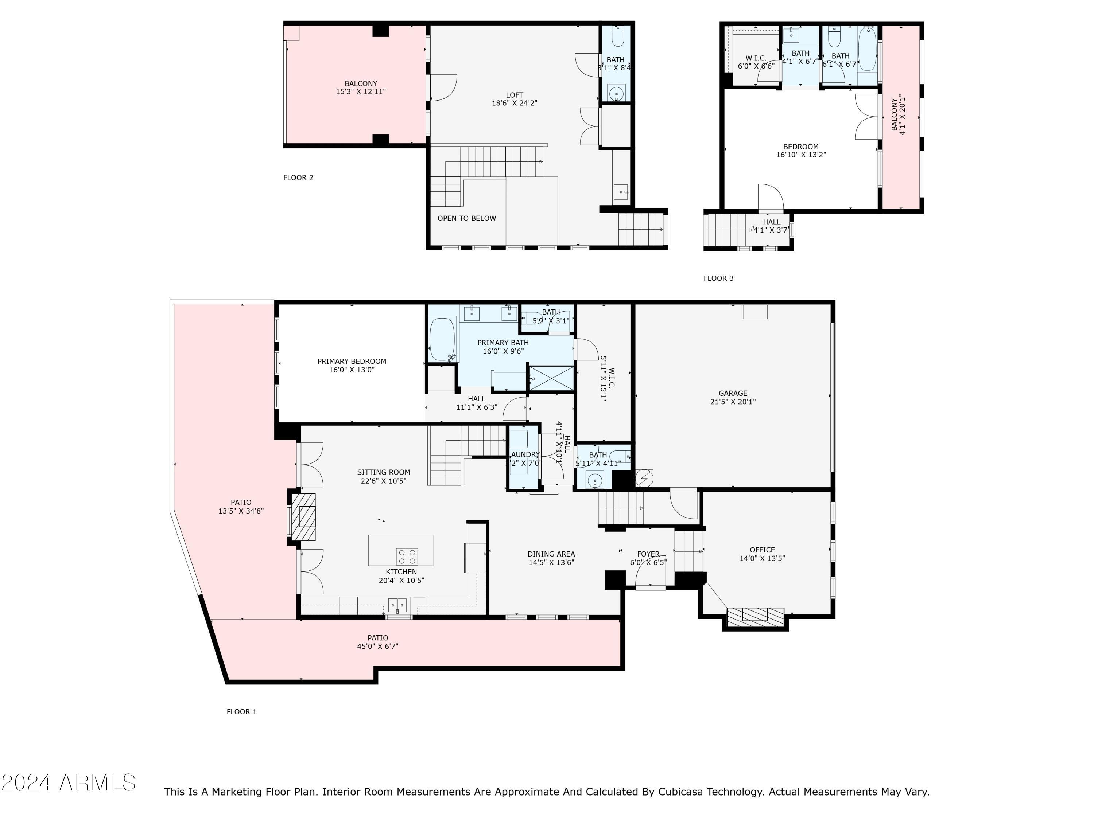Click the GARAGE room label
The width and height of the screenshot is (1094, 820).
[x=733, y=394]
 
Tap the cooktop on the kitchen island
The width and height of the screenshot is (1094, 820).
[x=407, y=557]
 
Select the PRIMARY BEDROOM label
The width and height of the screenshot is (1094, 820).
[x=352, y=361]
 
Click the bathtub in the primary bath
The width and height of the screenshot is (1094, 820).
[x=442, y=339]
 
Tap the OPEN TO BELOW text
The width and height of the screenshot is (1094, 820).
[x=466, y=218]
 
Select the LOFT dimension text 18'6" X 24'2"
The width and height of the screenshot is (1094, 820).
[x=514, y=103]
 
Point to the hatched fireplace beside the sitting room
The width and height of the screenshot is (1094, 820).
[x=303, y=517]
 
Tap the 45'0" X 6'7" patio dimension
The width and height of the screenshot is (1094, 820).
[x=377, y=647]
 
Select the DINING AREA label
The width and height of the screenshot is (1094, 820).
[x=551, y=554]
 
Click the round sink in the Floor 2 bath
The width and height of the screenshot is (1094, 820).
[x=616, y=93]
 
